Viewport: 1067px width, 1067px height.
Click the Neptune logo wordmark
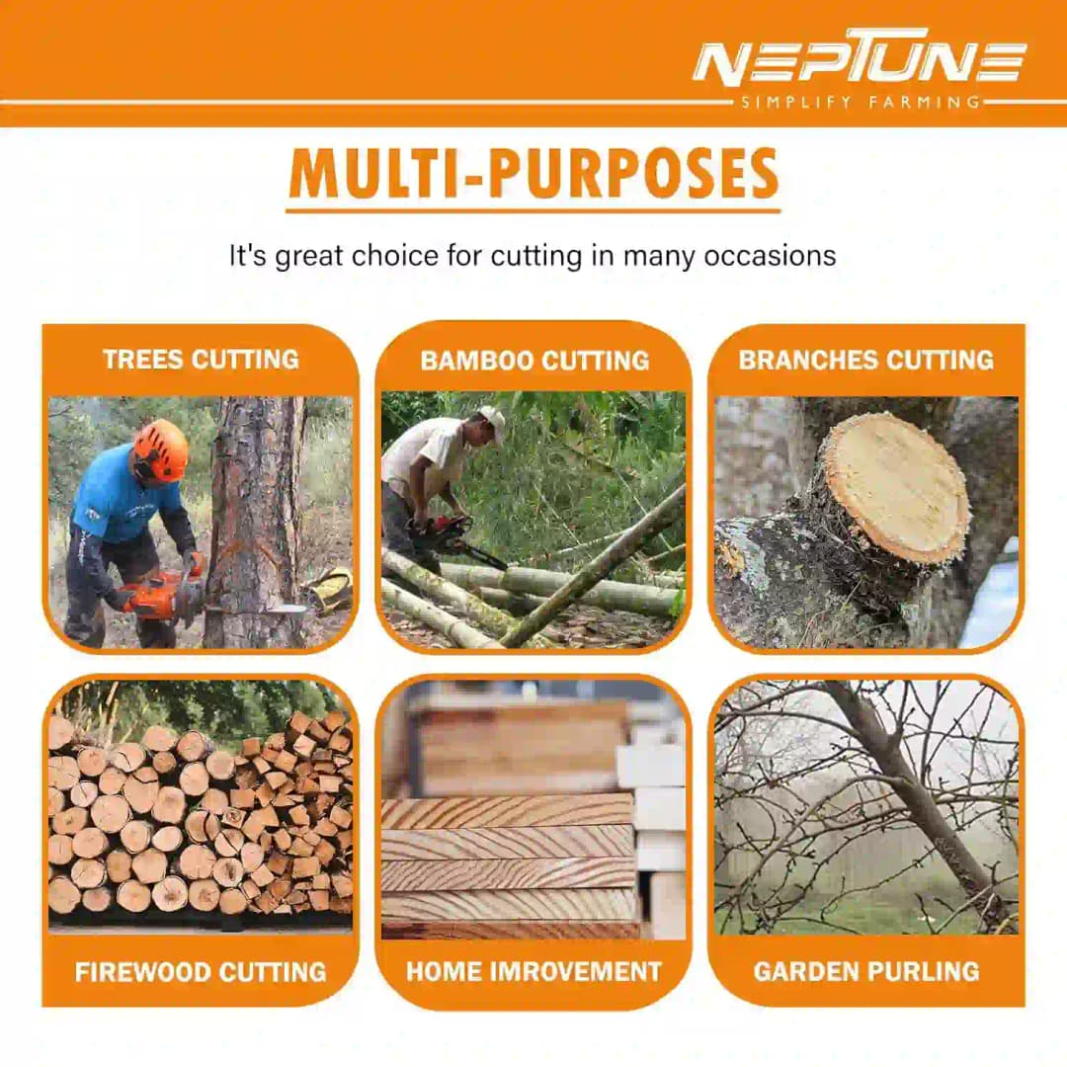(x=860, y=59)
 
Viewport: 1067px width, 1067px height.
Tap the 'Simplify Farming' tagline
(x=861, y=104)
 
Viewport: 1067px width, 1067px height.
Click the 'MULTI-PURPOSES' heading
(x=533, y=174)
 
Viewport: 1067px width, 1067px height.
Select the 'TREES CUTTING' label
(x=201, y=360)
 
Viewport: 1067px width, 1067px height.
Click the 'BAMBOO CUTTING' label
(x=534, y=361)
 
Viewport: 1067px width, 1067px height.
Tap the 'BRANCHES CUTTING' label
(x=866, y=360)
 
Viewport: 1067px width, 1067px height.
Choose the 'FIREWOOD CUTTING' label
(x=201, y=972)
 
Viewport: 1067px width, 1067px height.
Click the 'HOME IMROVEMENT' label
(x=534, y=971)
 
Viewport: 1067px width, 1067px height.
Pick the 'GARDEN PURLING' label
(x=866, y=971)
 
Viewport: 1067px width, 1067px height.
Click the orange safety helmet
(x=161, y=450)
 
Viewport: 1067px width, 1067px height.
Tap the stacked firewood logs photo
(x=201, y=806)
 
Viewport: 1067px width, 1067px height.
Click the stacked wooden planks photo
(x=533, y=810)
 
